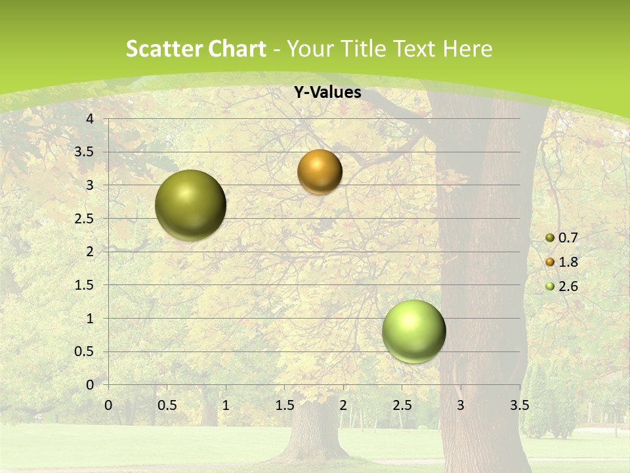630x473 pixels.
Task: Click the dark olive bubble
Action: tap(191, 205)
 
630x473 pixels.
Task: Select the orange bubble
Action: tap(320, 171)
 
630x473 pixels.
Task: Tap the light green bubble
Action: tap(414, 331)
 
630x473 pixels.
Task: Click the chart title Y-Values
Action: tap(327, 93)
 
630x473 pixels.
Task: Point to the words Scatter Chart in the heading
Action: tap(196, 49)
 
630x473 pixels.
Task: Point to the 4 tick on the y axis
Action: tap(90, 119)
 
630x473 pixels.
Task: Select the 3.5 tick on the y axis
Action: tap(85, 152)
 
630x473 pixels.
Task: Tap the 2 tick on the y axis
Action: tap(90, 252)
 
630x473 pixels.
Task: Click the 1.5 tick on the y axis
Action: tap(85, 285)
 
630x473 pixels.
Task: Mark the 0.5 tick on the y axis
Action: tap(85, 351)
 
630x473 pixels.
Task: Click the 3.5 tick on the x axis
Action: tap(519, 405)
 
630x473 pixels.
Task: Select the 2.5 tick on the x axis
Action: tap(402, 405)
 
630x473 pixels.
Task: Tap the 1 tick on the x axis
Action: tap(226, 405)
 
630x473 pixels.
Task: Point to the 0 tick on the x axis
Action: tap(108, 405)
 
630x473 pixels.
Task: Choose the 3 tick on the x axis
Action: tap(461, 405)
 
